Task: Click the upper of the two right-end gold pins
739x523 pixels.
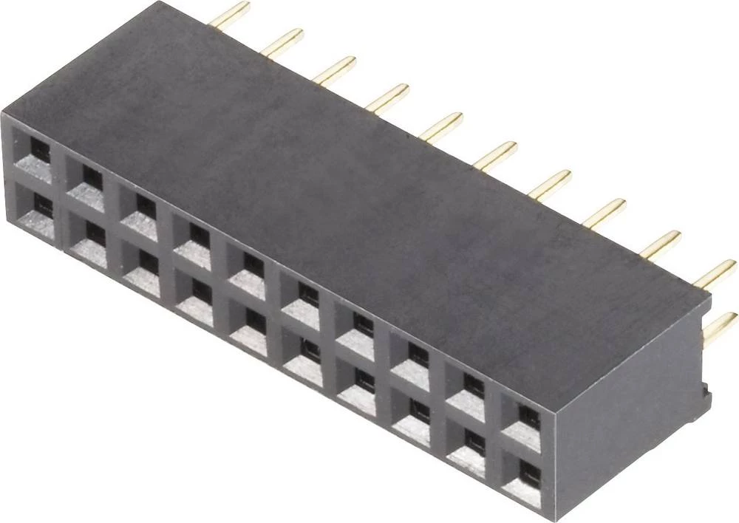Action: [717, 274]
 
